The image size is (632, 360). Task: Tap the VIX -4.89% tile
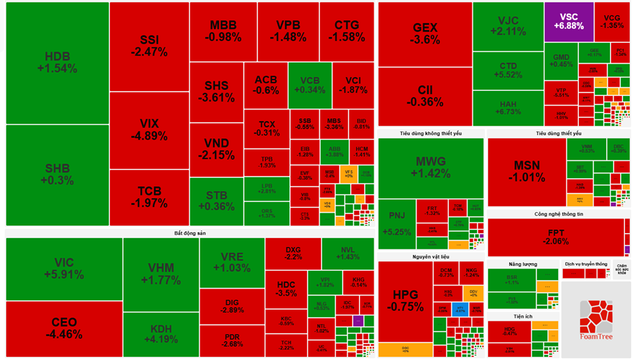point(149,129)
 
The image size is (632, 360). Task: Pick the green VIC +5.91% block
point(64,269)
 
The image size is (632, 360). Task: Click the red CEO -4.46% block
point(64,328)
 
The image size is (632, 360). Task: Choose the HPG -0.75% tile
point(404,301)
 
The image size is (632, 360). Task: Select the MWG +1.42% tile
point(430,167)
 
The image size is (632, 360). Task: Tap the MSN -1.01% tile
point(526,172)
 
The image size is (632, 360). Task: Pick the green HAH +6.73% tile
point(507,108)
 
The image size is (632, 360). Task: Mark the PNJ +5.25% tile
point(396,224)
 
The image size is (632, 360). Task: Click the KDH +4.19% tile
point(161,334)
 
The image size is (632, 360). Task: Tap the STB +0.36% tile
point(216,201)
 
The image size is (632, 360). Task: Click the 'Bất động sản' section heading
point(190,233)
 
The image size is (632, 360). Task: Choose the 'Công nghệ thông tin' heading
point(558,214)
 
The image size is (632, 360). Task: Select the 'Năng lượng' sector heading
point(523,264)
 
